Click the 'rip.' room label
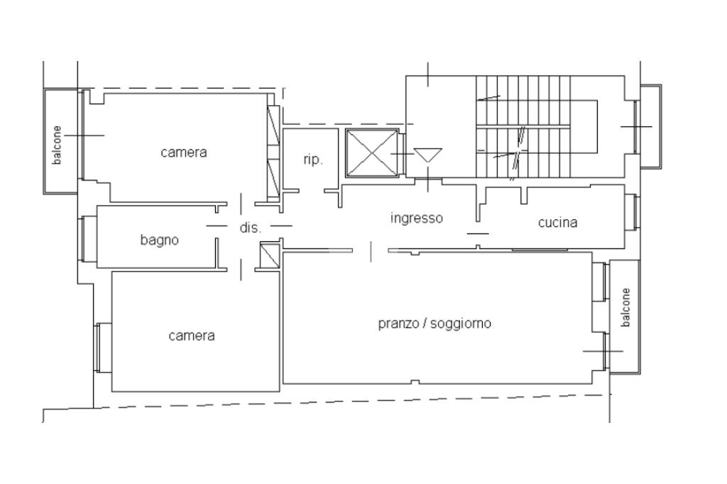pos(313,160)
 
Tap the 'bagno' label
pos(160,240)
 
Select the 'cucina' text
pos(557,223)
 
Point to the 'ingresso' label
pos(417,218)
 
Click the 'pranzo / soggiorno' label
pos(434,324)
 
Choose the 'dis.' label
pos(250,229)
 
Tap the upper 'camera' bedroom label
pos(184,152)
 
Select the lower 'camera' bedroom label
pos(191,335)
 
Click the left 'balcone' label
pos(58,145)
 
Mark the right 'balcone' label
pos(625,307)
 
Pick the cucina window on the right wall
pos(636,211)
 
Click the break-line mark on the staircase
pos(520,149)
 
